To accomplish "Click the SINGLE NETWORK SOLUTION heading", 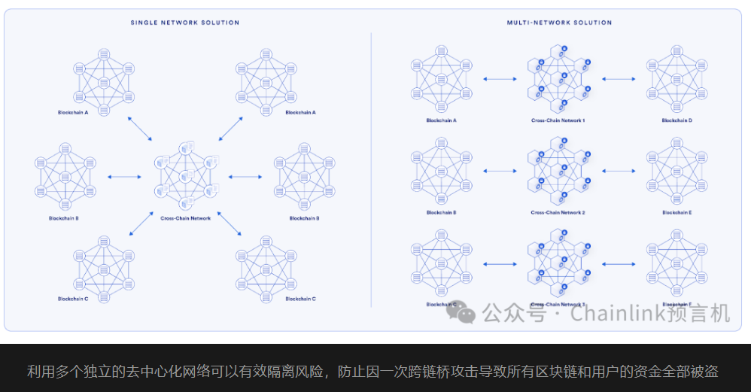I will click(x=184, y=23).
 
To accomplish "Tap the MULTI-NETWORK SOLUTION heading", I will click(x=559, y=23).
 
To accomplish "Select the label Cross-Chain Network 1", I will click(x=558, y=120).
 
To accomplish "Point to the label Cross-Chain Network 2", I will click(x=558, y=213).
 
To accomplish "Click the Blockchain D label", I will click(x=677, y=120).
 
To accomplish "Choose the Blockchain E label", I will click(x=677, y=213).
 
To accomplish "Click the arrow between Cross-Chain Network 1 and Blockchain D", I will click(x=619, y=78).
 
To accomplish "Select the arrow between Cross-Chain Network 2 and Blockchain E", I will click(x=619, y=170).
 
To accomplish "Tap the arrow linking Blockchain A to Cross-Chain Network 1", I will click(x=500, y=78).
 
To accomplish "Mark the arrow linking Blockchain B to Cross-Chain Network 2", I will click(x=500, y=170).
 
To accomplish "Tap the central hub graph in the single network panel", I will click(x=185, y=176).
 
